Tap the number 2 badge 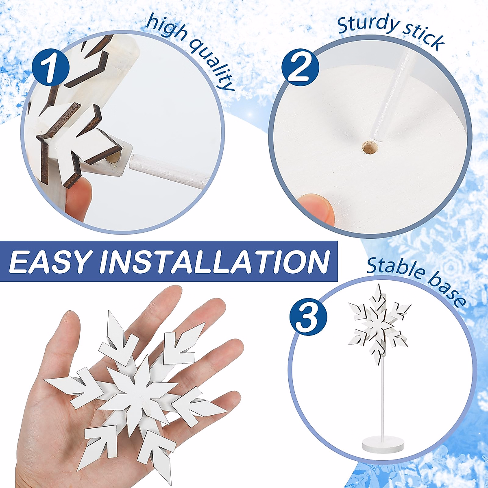300,68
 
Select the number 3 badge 308,316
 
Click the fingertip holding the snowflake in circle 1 79,199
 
